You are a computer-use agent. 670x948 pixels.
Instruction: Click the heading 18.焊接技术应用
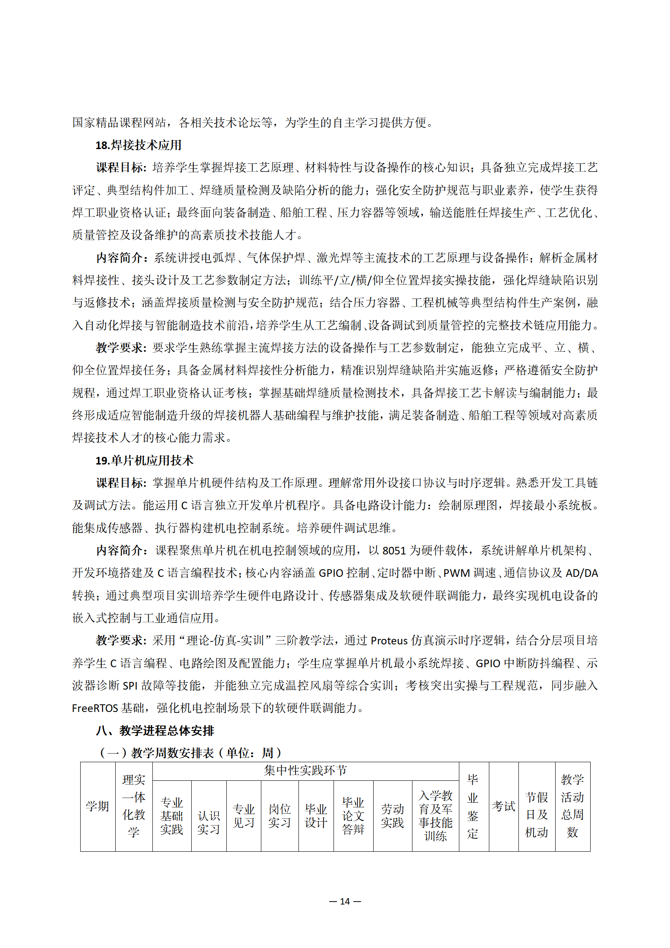[x=138, y=145]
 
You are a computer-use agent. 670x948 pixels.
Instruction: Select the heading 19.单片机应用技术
[x=144, y=460]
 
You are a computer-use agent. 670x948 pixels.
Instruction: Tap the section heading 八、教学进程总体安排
[x=155, y=731]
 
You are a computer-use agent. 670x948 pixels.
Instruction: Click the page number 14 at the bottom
[x=345, y=901]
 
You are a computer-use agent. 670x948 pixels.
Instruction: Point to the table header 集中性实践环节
[x=305, y=771]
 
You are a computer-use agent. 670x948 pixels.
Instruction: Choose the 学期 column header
[x=98, y=806]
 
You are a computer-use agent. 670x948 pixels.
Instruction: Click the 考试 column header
[x=503, y=806]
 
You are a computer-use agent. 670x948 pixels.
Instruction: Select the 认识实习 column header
[x=209, y=822]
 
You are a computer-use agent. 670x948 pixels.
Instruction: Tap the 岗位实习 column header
[x=279, y=816]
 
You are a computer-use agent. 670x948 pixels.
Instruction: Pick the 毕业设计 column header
[x=316, y=816]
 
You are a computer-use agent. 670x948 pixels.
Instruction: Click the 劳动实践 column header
[x=392, y=816]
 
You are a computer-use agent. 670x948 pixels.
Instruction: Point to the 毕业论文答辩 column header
[x=353, y=816]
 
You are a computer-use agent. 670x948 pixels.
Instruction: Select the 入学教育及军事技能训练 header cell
[x=435, y=816]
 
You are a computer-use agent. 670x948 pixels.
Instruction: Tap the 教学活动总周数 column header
[x=572, y=806]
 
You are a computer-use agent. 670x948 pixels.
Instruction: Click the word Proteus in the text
[x=389, y=641]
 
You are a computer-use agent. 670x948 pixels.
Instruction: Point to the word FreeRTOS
[x=95, y=708]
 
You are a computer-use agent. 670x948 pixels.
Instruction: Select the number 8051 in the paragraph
[x=394, y=551]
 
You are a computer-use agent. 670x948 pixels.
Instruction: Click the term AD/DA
[x=581, y=573]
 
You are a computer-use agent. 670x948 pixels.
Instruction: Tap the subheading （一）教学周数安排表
[x=190, y=753]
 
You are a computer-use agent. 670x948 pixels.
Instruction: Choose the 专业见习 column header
[x=244, y=816]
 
